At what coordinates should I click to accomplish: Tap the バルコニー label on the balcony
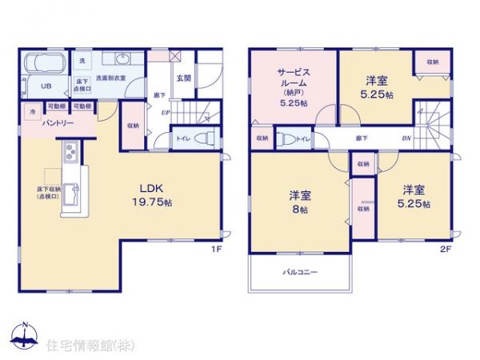(x=300, y=273)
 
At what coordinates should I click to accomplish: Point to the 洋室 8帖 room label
(x=299, y=197)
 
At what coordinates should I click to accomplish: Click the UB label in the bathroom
(x=46, y=86)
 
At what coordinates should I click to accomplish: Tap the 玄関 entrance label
(x=182, y=78)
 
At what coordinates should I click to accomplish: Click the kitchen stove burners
(x=68, y=152)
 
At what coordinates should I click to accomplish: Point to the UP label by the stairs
(x=165, y=113)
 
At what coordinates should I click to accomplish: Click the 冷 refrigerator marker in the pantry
(x=33, y=112)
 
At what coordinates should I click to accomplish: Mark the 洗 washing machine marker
(x=82, y=61)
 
